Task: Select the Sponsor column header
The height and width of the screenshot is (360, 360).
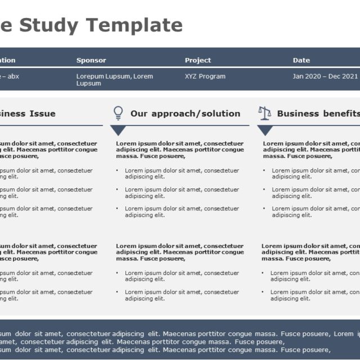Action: coord(91,60)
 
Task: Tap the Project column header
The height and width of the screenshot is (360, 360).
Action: coord(198,60)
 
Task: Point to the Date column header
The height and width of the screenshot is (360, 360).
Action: coord(301,60)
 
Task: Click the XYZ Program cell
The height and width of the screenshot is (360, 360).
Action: coord(205,76)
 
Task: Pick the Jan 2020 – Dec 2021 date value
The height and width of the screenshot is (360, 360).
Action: coord(325,76)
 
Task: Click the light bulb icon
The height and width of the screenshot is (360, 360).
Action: coord(118,113)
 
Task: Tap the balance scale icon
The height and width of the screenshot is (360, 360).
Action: coord(264,113)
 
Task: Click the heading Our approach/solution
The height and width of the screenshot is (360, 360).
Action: coord(185,114)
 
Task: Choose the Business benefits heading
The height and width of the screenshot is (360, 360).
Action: coord(318,114)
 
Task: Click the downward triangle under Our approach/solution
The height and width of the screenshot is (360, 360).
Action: coord(118,130)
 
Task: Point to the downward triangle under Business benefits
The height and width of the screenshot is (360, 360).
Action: coord(265,130)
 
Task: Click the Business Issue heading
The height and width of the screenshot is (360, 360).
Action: coord(28,114)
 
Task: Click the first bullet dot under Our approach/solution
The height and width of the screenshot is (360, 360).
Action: coord(117,170)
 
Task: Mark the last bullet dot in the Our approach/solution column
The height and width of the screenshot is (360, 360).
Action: coord(117,292)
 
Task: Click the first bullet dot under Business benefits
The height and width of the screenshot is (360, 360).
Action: coord(264,170)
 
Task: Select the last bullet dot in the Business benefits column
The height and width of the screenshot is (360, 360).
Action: coord(263,292)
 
